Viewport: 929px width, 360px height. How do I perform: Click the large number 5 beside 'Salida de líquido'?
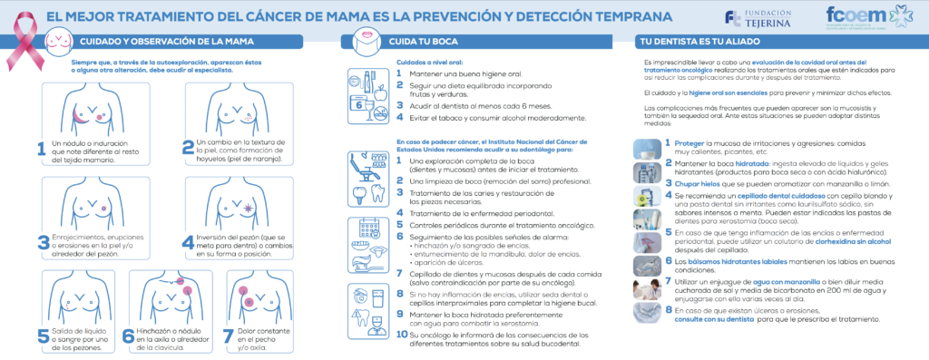pyautogui.click(x=43, y=336)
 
